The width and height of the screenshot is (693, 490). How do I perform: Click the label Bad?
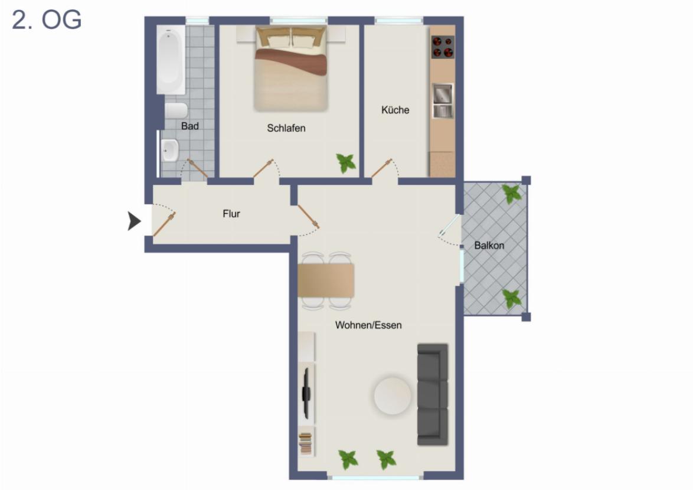click(x=190, y=126)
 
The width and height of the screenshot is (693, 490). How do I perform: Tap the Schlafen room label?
click(x=286, y=128)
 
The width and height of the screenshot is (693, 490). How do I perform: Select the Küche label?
click(x=395, y=110)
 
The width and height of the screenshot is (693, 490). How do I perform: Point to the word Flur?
click(x=231, y=214)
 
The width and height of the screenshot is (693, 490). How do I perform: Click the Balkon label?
click(x=489, y=245)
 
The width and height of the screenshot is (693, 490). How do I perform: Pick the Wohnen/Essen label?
click(x=368, y=325)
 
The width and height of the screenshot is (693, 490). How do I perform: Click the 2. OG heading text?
click(x=47, y=21)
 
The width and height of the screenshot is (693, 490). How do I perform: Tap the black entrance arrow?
click(x=135, y=221)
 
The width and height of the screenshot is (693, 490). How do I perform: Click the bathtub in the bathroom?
click(x=171, y=58)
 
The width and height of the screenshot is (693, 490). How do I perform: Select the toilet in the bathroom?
click(x=176, y=110)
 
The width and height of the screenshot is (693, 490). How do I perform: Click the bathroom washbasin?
click(x=169, y=150)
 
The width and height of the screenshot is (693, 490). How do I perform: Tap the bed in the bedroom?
click(x=291, y=69)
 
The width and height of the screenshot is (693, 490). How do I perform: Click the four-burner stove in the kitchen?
click(x=442, y=47)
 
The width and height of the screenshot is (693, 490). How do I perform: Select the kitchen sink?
click(x=442, y=100)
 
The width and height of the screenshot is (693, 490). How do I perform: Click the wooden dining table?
click(x=326, y=280)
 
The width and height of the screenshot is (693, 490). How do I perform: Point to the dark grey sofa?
click(x=433, y=394)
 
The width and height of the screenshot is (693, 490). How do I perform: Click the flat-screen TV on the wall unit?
click(x=306, y=393)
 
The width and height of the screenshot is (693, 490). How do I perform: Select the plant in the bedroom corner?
click(x=346, y=162)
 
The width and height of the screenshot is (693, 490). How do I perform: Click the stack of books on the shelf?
click(x=305, y=443)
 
